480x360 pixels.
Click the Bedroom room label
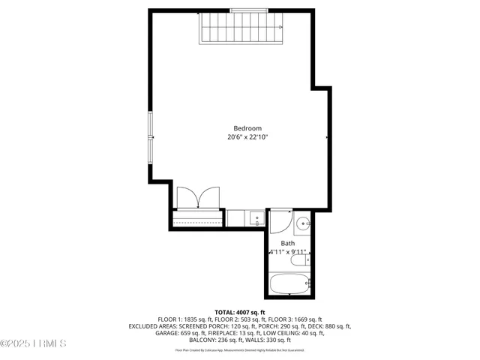click(x=247, y=127)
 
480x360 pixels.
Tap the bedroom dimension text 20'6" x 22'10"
click(x=247, y=137)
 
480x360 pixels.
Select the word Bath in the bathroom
click(x=288, y=243)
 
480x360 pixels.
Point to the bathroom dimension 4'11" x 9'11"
click(x=288, y=253)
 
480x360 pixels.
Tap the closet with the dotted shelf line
click(x=196, y=219)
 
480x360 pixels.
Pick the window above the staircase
click(x=252, y=10)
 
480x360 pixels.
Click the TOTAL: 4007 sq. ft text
click(x=240, y=312)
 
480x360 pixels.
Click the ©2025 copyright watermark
click(x=34, y=344)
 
